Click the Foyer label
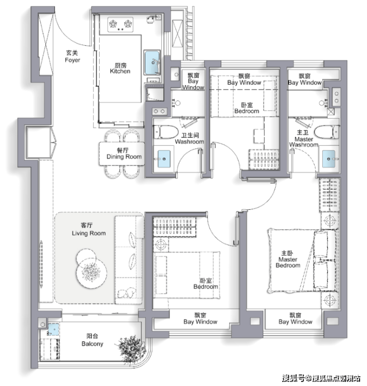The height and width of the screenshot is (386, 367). tap(72, 57)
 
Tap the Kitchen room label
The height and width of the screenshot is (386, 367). tap(120, 68)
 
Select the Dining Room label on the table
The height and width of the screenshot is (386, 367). tap(124, 153)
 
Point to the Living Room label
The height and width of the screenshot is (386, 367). tap(89, 229)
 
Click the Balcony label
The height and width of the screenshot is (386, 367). tap(92, 340)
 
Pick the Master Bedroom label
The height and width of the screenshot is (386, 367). tap(288, 259)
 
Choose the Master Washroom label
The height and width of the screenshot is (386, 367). tap(304, 138)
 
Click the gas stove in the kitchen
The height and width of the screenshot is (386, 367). tap(121, 24)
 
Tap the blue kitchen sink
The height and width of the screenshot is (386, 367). tap(152, 63)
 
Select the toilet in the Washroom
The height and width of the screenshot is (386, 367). tap(166, 131)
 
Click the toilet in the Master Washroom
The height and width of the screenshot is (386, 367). tap(327, 131)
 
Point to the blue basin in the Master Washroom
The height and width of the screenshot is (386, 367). tap(329, 159)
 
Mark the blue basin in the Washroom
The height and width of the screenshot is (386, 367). tap(164, 159)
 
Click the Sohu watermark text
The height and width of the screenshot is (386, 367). tap(321, 378)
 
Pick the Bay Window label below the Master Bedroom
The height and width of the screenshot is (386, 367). tap(296, 319)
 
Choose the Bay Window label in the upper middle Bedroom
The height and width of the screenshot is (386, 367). tap(244, 79)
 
